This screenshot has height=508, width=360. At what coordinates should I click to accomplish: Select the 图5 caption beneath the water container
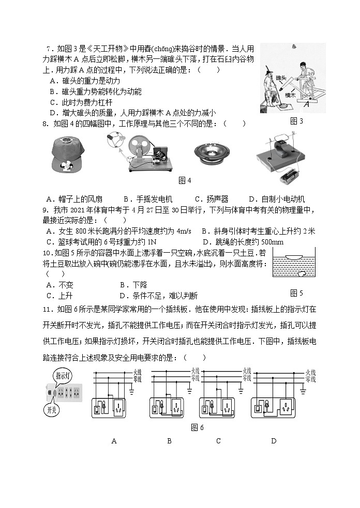coord(297,293)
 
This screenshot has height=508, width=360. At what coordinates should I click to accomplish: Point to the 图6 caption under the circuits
coord(197,427)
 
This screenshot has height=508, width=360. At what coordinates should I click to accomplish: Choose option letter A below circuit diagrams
coord(114,441)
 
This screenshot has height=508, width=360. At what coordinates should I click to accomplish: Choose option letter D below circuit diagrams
coord(274,441)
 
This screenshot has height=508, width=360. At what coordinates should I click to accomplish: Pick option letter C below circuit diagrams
coord(218,441)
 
